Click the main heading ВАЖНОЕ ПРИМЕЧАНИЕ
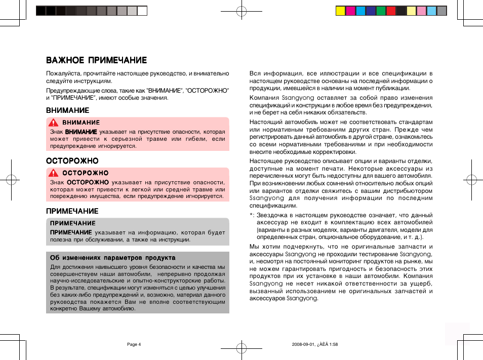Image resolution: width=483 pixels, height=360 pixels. click(x=96, y=60)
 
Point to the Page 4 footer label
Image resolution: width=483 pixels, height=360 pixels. click(x=134, y=344)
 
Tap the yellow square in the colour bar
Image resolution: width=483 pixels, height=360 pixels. click(x=341, y=11)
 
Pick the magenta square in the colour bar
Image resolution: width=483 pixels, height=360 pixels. click(x=350, y=11)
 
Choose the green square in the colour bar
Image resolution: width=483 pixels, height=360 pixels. click(x=381, y=11)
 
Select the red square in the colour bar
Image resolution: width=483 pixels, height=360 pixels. click(x=391, y=11)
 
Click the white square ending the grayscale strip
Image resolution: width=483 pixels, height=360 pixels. click(x=142, y=11)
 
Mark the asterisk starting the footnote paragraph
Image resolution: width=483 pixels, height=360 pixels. click(x=252, y=215)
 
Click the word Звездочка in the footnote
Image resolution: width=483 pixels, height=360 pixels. click(x=273, y=215)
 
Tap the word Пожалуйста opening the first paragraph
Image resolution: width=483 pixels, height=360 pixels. click(x=62, y=73)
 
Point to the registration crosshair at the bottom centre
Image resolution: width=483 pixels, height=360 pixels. click(x=241, y=348)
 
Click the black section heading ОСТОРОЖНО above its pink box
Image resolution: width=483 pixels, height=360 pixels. click(x=72, y=161)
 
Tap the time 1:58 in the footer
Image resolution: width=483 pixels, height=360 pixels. click(x=332, y=344)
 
